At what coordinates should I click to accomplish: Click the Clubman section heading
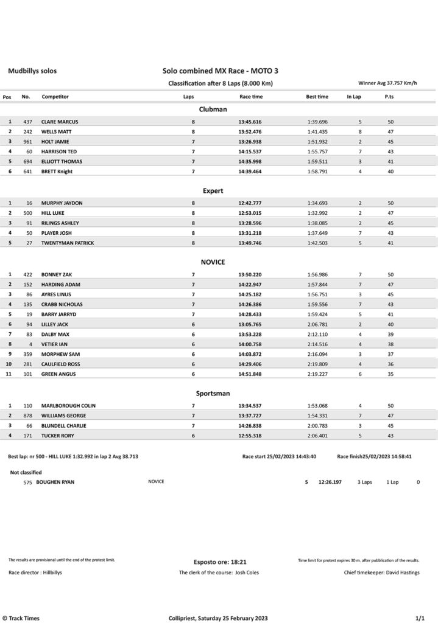(x=213, y=109)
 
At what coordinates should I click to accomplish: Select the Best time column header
(x=317, y=97)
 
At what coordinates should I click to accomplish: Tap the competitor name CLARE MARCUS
(x=60, y=122)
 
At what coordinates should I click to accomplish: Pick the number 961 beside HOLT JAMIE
(x=27, y=142)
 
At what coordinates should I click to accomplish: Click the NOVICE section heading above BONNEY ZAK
(x=213, y=262)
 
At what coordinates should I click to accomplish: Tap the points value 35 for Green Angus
(x=390, y=374)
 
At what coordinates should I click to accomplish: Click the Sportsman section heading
(x=213, y=394)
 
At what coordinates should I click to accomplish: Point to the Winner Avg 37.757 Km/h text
(x=387, y=83)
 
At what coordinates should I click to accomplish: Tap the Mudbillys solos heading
(x=32, y=71)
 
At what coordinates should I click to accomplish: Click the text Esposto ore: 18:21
(x=219, y=562)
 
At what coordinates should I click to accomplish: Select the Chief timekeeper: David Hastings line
(x=381, y=573)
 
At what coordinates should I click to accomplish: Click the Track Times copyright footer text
(x=21, y=618)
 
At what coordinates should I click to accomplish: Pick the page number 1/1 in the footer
(x=420, y=618)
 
